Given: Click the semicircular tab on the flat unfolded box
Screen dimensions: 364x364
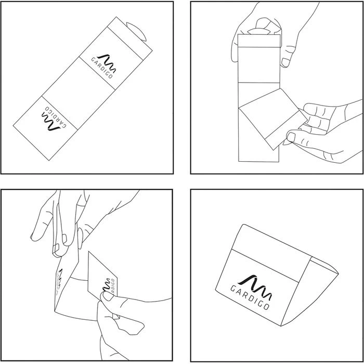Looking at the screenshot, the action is pyautogui.click(x=137, y=31).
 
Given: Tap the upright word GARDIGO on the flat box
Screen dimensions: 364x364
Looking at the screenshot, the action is pyautogui.click(x=102, y=68).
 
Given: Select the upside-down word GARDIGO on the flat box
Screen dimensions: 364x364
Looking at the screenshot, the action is pyautogui.click(x=56, y=117).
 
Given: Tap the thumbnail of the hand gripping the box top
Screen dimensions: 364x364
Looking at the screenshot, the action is pyautogui.click(x=285, y=62).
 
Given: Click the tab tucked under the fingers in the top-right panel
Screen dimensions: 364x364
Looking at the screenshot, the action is pyautogui.click(x=259, y=31).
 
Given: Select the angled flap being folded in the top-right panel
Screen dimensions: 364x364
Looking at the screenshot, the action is pyautogui.click(x=273, y=119).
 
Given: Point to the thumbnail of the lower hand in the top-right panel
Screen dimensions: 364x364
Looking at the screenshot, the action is pyautogui.click(x=291, y=137).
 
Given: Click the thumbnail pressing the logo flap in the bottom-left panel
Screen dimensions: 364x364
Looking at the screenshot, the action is pyautogui.click(x=108, y=296).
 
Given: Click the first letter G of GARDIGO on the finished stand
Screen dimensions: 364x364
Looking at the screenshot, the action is pyautogui.click(x=233, y=289).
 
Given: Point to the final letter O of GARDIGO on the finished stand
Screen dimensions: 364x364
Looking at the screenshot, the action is pyautogui.click(x=266, y=306).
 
